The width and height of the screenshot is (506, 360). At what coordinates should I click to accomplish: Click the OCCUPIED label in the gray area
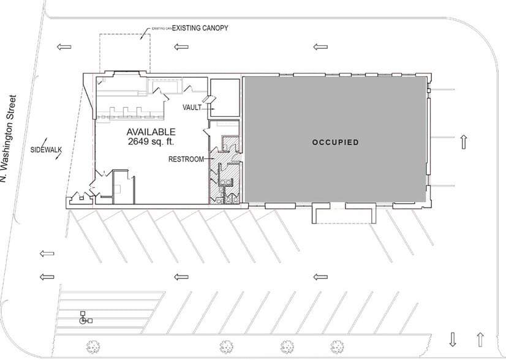335,142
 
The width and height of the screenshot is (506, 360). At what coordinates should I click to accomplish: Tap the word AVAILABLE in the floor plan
151,132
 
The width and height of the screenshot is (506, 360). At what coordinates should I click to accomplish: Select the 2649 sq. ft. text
151,141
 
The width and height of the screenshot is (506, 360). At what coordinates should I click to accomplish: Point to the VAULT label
192,108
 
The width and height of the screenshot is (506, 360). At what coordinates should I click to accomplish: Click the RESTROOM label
186,159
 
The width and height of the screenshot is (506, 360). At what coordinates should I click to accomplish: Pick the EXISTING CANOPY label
195,28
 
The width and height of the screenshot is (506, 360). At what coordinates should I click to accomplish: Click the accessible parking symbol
83,318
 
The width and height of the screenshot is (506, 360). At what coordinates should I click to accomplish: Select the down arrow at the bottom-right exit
453,339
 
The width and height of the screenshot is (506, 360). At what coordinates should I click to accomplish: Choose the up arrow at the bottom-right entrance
480,339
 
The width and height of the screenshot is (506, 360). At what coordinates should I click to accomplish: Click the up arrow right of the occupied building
464,142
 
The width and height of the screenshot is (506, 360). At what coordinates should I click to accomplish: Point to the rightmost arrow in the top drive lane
320,47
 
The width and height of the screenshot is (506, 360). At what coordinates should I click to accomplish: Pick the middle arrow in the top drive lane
180,47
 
